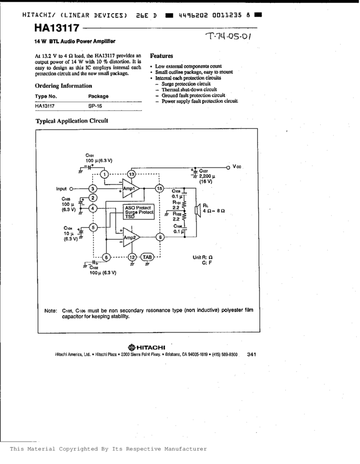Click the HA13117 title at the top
coord(57,28)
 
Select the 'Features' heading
coord(161,56)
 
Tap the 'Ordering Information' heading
coord(63,86)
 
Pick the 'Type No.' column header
coord(45,96)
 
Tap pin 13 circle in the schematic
coord(131,174)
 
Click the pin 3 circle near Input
coord(93,189)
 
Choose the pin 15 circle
coord(160,188)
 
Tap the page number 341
coord(251,354)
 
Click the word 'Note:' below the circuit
coord(51,311)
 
